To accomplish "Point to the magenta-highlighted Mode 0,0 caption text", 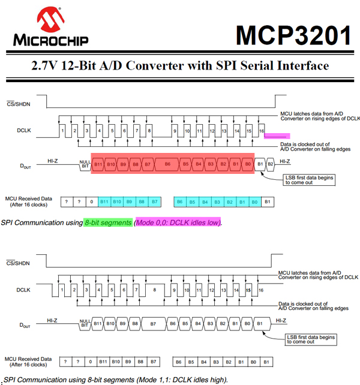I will point(178,222).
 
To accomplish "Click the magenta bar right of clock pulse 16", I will point(277,136).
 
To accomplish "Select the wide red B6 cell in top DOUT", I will point(167,164).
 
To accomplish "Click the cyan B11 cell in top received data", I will point(104,201).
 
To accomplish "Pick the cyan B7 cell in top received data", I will point(154,201).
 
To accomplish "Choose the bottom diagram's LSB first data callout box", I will point(308,339).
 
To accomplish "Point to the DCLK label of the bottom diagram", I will point(24,289).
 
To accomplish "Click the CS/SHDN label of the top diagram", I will point(18,103).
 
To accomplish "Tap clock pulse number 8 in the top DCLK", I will point(149,130).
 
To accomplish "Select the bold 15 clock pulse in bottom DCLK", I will point(248,290).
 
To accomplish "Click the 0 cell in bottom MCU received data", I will point(91,362).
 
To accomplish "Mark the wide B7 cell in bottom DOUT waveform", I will point(153,323).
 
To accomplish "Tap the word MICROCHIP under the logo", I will point(50,41).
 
